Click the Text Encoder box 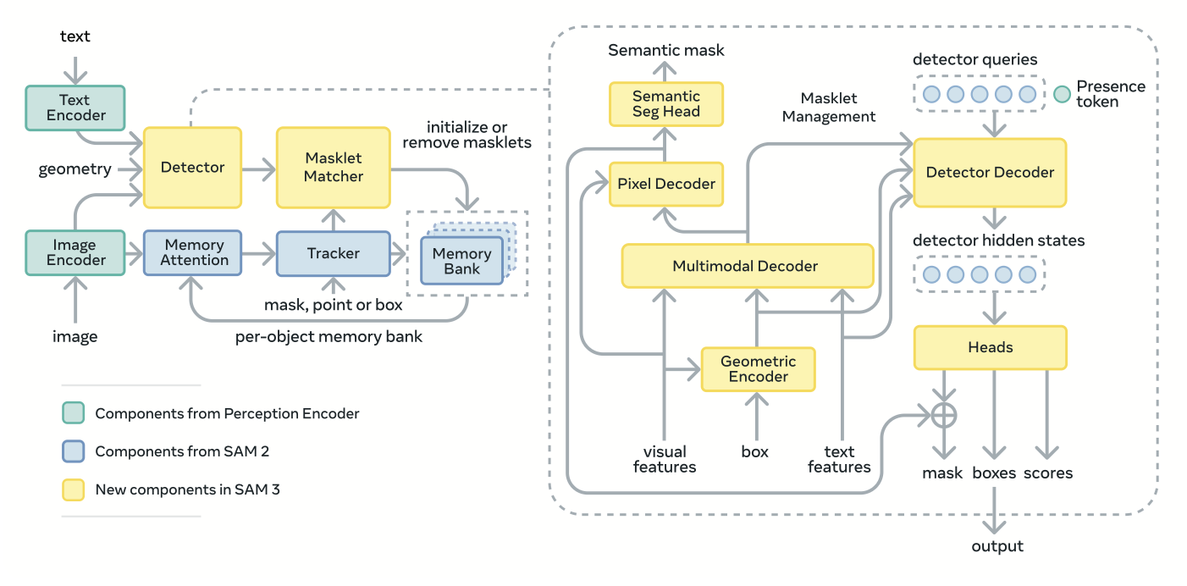click(75, 108)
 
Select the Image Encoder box click(75, 252)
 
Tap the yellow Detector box click(193, 168)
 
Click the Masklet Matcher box click(334, 168)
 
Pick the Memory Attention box click(193, 252)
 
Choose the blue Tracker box click(334, 252)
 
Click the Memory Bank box click(461, 261)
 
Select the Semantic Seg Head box click(666, 104)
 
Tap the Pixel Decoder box click(666, 184)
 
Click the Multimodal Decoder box click(746, 266)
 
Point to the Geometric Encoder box click(758, 369)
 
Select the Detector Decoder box click(990, 173)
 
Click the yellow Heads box click(990, 347)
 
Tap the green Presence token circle click(1062, 94)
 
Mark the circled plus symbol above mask click(943, 415)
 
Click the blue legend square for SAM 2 click(74, 451)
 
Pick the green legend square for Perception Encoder click(74, 413)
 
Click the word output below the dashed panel click(997, 546)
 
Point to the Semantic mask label click(666, 50)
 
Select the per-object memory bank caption click(328, 337)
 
